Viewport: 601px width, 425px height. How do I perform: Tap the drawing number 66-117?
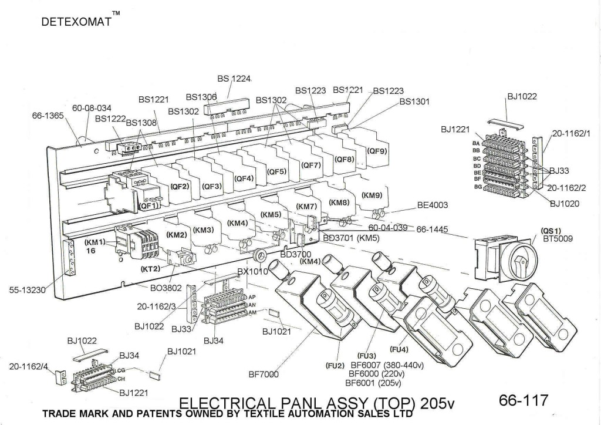coord(523,400)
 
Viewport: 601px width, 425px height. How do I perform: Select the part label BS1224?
coord(234,79)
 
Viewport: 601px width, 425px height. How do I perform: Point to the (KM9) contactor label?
coord(372,195)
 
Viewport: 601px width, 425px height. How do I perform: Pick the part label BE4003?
coord(433,205)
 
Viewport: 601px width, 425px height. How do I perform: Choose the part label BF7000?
coord(264,375)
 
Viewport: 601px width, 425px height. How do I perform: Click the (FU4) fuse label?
coord(399,350)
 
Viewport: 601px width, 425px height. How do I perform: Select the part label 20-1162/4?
coord(28,366)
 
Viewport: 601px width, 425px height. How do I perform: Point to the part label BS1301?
coord(414,102)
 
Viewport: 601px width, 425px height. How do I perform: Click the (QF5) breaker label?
coord(276,171)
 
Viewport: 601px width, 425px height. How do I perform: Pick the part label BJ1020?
coord(565,205)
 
